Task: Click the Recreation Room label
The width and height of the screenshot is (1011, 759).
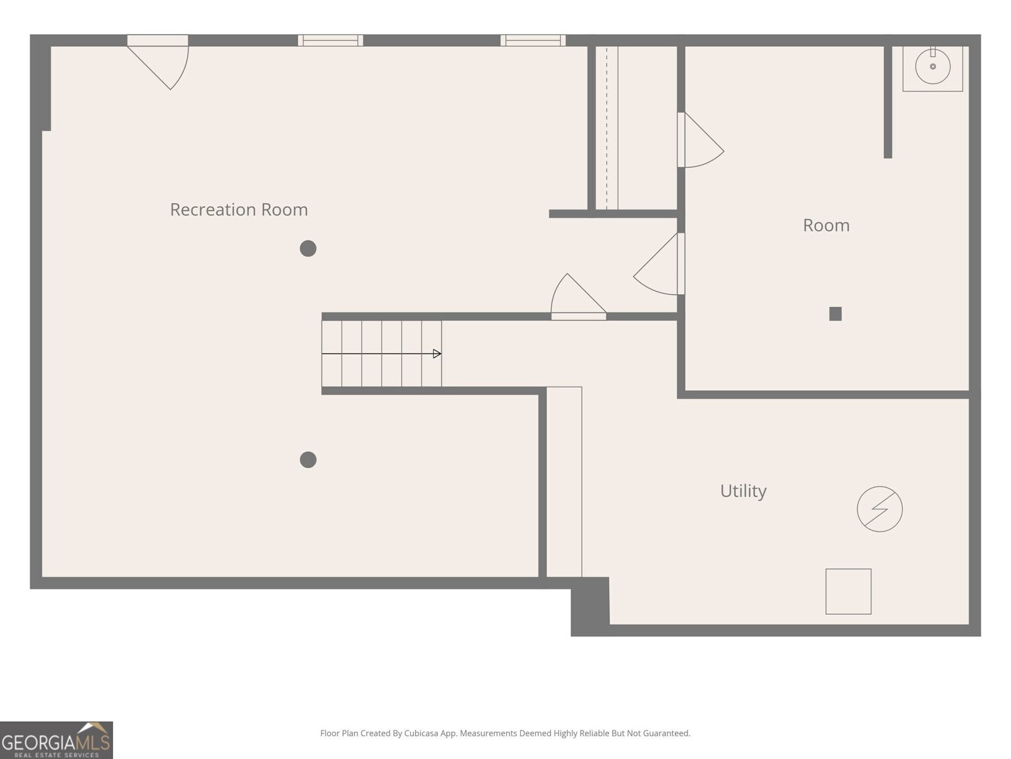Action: pyautogui.click(x=239, y=210)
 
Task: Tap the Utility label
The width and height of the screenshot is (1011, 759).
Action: pyautogui.click(x=743, y=491)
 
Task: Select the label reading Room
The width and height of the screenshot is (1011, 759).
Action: pyautogui.click(x=826, y=225)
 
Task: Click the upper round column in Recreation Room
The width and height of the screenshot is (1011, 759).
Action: pyautogui.click(x=308, y=249)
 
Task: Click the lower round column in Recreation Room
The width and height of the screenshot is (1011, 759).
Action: pyautogui.click(x=308, y=459)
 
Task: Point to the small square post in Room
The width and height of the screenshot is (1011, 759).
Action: pyautogui.click(x=835, y=314)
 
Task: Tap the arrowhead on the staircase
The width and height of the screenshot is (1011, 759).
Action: pyautogui.click(x=437, y=354)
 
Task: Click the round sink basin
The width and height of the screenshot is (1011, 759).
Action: pyautogui.click(x=932, y=67)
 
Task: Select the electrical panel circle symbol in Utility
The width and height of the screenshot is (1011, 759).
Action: pyautogui.click(x=880, y=509)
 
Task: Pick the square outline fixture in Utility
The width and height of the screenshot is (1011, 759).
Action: pyautogui.click(x=848, y=591)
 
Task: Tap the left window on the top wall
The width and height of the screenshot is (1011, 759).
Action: pyautogui.click(x=330, y=40)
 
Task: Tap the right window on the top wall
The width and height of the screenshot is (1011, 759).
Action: pyautogui.click(x=533, y=40)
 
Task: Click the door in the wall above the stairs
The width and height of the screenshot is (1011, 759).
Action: pyautogui.click(x=579, y=295)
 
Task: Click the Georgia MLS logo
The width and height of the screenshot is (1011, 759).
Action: pyautogui.click(x=56, y=740)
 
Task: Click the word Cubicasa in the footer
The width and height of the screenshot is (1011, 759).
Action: pyautogui.click(x=421, y=733)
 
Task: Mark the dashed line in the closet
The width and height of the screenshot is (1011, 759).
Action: pyautogui.click(x=607, y=128)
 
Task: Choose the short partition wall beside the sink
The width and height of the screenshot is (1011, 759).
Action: pyautogui.click(x=888, y=102)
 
